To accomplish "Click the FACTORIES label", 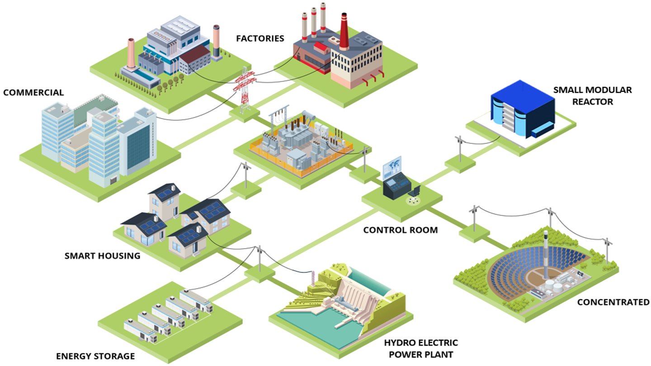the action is pos(260,38).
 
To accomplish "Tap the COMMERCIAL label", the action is pos(33,92).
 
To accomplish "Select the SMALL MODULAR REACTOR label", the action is pos(593,96).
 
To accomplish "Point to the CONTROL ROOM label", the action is pos(401,230).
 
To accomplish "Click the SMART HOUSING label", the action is pos(102,256).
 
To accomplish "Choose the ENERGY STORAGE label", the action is pos(95,356).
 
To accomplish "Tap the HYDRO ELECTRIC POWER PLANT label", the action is pos(421,348).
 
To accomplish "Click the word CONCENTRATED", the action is pos(613,302).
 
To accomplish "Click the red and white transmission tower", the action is pos(245,90).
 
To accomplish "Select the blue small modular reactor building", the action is pos(523,109).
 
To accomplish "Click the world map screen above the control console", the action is pos(392,167).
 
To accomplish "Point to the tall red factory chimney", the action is pos(344,32).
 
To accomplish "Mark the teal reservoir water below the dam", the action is pos(317,325).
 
